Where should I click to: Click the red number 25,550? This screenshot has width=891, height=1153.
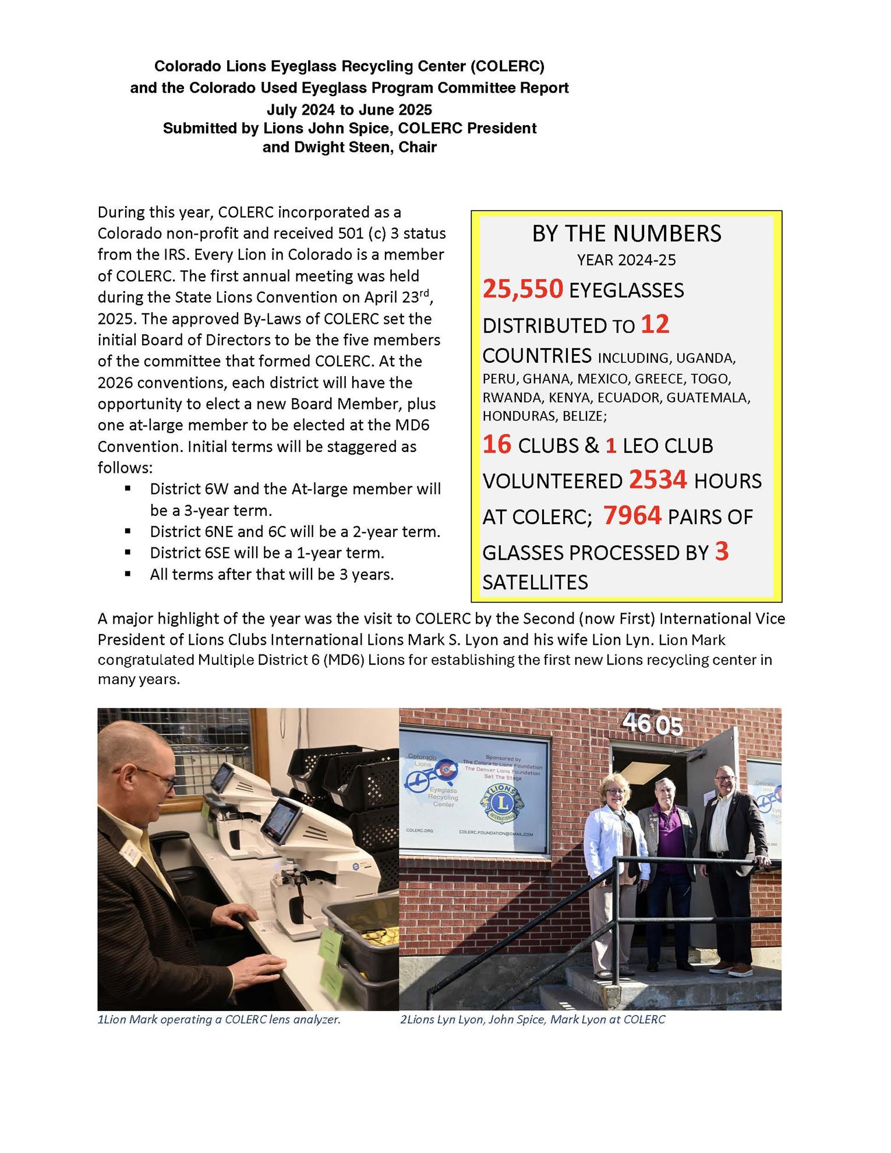click(x=522, y=289)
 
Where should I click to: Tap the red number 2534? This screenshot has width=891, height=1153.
click(x=657, y=480)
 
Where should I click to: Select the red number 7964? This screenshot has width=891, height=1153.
click(x=632, y=516)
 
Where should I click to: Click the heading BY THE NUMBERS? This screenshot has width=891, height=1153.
click(x=626, y=234)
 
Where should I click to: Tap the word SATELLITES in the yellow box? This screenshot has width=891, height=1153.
click(x=535, y=582)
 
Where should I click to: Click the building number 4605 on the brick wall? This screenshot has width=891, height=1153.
click(x=652, y=724)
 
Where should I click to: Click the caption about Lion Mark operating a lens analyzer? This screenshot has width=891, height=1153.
click(x=219, y=1020)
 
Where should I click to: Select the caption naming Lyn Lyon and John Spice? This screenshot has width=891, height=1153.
click(x=532, y=1020)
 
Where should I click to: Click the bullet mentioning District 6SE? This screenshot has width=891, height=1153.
click(x=267, y=553)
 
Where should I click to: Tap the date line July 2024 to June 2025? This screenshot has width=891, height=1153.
click(x=349, y=109)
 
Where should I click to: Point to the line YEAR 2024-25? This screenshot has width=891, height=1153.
click(x=626, y=260)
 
